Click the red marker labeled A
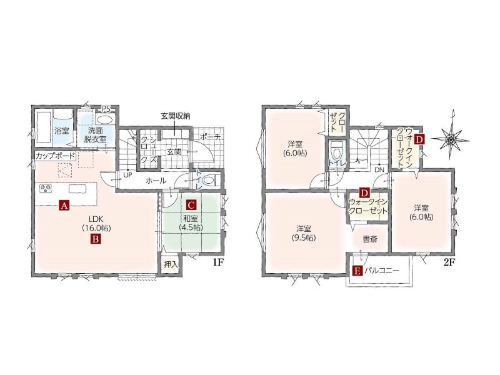click(64, 206)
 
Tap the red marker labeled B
click(96, 239)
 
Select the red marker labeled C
click(191, 205)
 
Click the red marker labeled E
click(357, 271)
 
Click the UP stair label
click(127, 175)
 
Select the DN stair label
click(379, 169)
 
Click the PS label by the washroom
click(106, 109)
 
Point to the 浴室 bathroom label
click(61, 131)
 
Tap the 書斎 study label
click(370, 239)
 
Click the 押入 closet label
click(171, 264)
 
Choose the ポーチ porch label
click(211, 137)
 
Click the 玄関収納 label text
click(175, 116)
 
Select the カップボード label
click(55, 156)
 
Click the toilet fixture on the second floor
click(336, 151)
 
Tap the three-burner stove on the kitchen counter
click(46, 189)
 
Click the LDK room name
click(96, 219)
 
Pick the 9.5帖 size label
click(304, 238)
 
